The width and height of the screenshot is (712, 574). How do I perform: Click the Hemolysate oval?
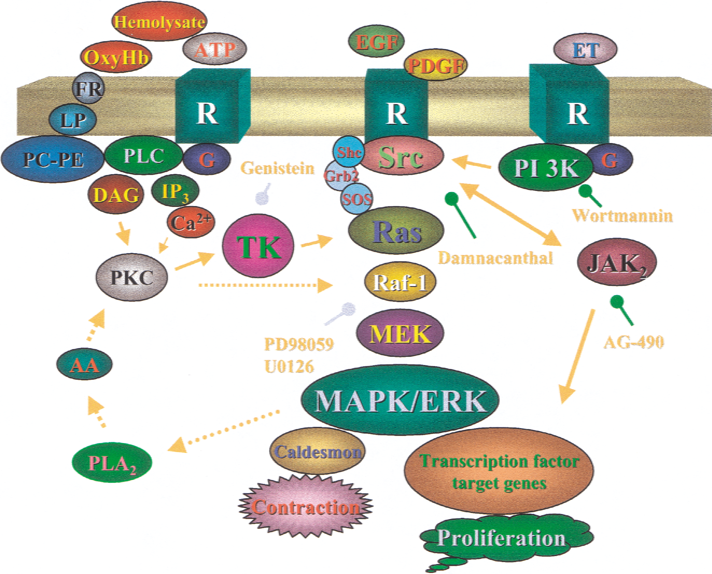160,22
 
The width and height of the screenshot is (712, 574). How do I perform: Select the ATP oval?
214,49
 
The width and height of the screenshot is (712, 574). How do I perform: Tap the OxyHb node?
116,57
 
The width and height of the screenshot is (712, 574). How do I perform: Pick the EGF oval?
376,41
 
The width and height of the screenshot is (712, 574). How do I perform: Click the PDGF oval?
435,65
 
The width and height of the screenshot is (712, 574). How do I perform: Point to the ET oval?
585,49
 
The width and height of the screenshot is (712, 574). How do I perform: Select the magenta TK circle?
258,246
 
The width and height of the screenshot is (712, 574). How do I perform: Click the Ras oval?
396,231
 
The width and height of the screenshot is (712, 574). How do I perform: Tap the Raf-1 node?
400,282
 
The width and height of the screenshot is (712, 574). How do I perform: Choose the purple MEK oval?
400,333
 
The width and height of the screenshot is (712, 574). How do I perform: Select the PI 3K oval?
546,167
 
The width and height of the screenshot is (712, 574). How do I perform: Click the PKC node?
132,277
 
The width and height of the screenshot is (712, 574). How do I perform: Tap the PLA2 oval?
112,462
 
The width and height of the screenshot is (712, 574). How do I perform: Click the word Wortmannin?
623,215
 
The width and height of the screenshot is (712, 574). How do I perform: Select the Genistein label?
278,168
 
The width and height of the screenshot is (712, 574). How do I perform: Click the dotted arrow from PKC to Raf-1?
266,285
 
